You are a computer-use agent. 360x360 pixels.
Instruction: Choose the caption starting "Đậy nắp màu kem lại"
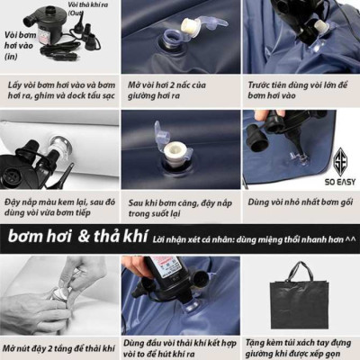click(57, 210)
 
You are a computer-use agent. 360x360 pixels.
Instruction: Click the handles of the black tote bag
click(302, 271)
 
